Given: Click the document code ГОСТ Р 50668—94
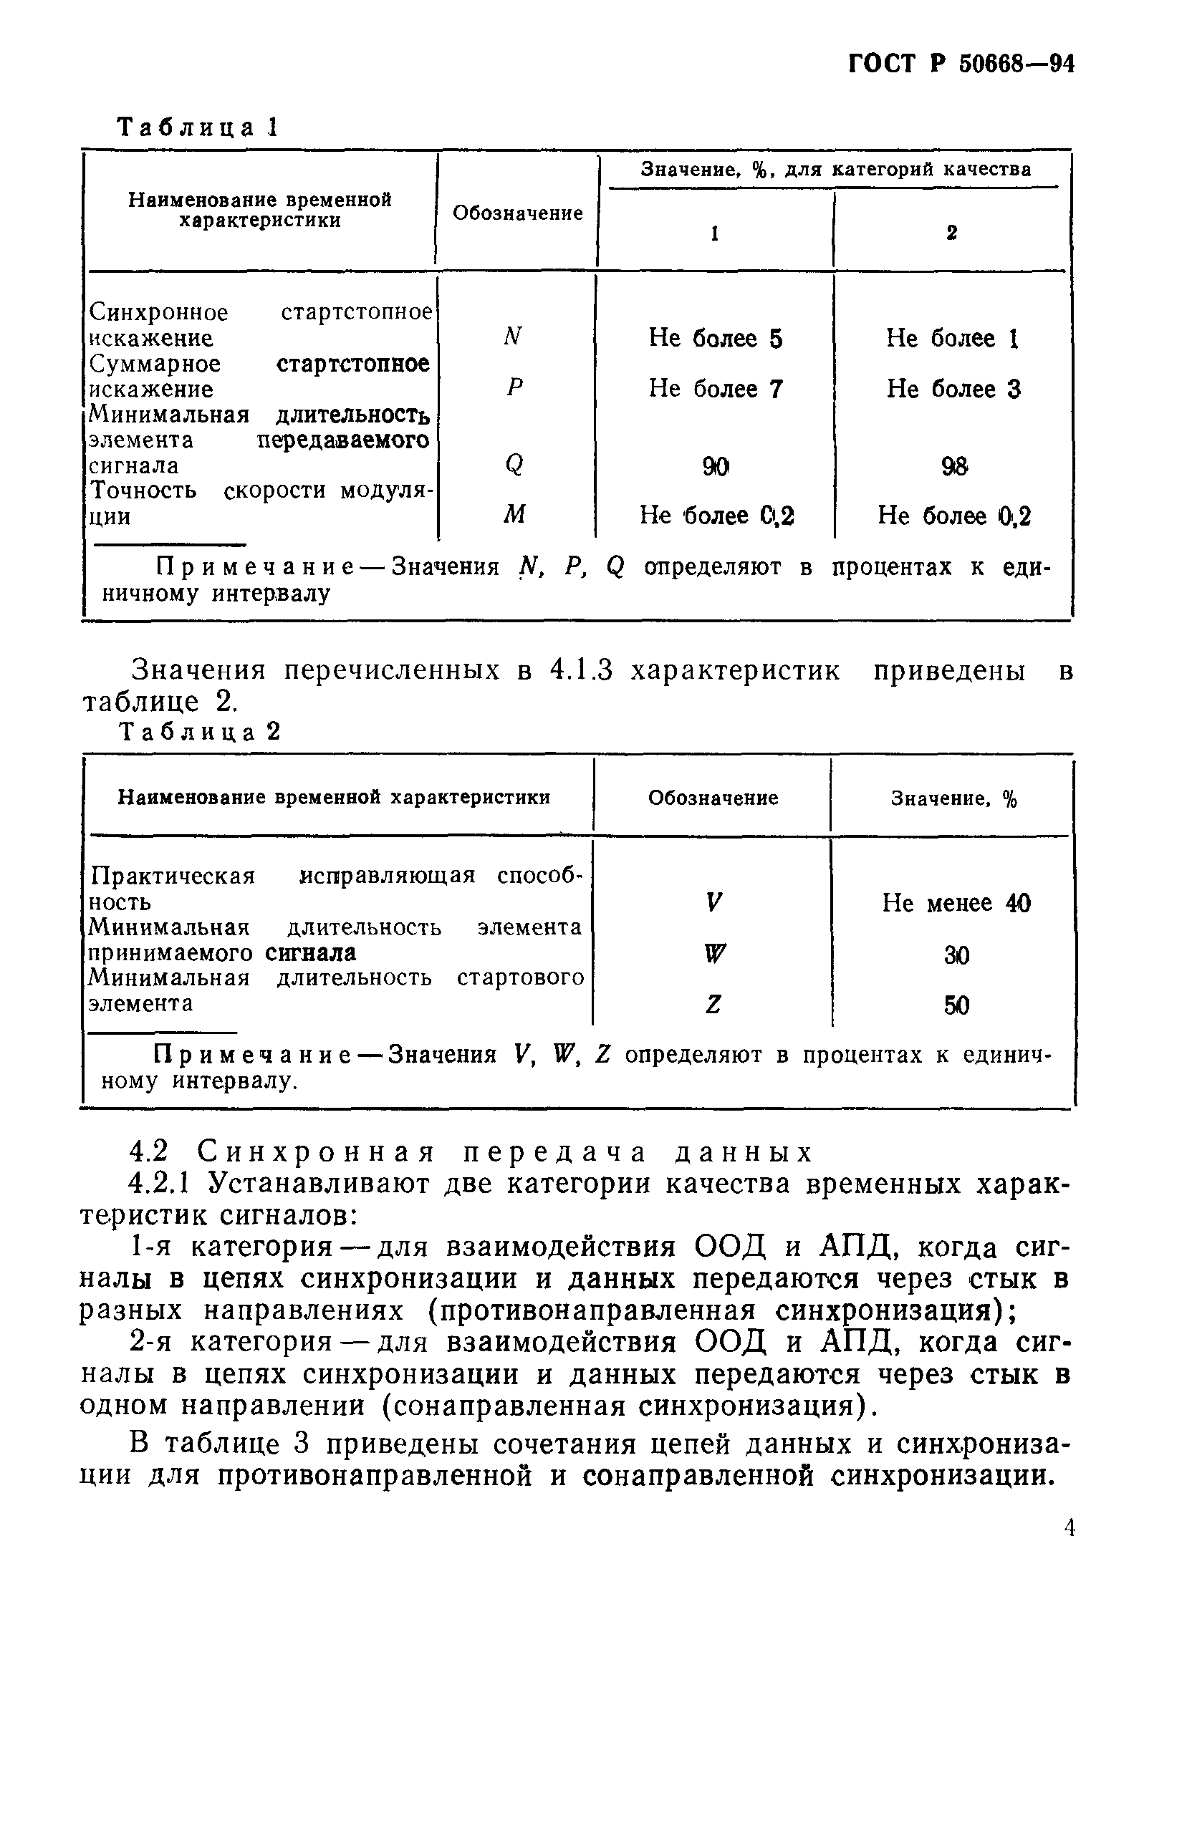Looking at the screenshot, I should (x=961, y=64).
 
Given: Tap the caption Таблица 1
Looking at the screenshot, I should (x=196, y=127).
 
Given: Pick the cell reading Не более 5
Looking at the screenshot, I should (x=715, y=338).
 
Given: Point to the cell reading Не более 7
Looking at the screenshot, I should (x=715, y=389).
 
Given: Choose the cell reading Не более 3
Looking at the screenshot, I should (x=953, y=389).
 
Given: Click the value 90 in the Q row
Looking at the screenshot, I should (x=715, y=465).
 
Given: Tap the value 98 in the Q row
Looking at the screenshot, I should (x=953, y=465).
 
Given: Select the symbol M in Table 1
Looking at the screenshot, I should (x=514, y=514).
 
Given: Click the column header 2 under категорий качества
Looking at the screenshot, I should (x=952, y=232).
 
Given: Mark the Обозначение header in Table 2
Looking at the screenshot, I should (x=713, y=798).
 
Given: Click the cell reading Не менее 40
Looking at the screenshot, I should (x=956, y=902).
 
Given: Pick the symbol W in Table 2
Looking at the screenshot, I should (x=714, y=954).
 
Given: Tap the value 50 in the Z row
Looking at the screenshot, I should (x=956, y=1005).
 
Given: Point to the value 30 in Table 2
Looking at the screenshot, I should (x=956, y=955).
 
